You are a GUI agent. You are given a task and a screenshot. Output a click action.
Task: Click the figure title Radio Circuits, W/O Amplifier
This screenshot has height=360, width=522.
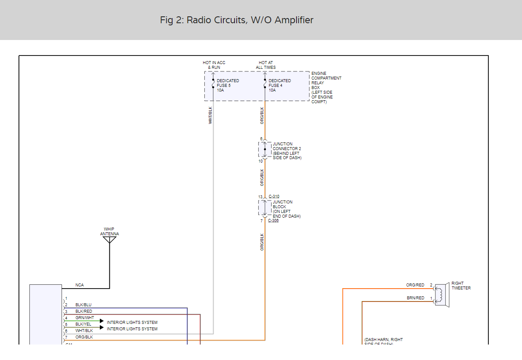tap(237, 20)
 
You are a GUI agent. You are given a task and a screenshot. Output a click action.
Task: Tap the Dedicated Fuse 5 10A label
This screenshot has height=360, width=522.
tap(228, 86)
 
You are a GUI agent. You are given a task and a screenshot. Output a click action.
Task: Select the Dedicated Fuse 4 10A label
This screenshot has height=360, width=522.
tap(280, 86)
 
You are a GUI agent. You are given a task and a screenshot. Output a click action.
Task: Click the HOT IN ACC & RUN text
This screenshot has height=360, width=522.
tap(214, 65)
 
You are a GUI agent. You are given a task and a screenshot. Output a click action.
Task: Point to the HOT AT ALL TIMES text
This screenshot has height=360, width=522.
tap(266, 65)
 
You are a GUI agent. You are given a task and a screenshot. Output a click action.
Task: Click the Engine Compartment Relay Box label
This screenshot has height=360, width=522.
tap(326, 88)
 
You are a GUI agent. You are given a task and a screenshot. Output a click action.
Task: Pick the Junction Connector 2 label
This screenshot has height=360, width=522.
tap(287, 151)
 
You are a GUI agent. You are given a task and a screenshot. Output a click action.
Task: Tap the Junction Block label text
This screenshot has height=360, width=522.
tap(286, 209)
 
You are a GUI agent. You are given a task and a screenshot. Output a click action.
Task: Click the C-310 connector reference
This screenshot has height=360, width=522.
tap(274, 197)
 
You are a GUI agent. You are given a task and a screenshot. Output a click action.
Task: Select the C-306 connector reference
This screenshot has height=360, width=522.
tap(273, 221)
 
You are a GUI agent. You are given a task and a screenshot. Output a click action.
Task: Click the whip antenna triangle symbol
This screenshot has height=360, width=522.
tap(110, 240)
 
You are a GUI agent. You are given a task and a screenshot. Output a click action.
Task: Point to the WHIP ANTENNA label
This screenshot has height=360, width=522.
tap(109, 232)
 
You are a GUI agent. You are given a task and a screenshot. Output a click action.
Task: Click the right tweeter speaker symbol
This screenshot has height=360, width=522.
tap(442, 295)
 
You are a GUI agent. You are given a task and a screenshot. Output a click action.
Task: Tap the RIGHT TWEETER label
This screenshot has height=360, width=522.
tap(461, 286)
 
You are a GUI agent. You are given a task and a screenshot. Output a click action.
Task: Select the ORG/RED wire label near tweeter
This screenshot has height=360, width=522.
tap(415, 285)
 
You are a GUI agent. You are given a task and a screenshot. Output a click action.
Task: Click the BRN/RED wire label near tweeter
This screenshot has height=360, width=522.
tap(415, 298)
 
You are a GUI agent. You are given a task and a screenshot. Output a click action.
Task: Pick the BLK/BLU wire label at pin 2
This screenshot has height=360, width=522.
tap(83, 305)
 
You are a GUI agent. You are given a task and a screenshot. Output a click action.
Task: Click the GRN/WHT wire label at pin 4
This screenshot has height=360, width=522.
tap(84, 318)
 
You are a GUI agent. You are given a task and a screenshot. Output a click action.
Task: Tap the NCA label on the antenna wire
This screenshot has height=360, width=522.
tap(80, 285)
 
